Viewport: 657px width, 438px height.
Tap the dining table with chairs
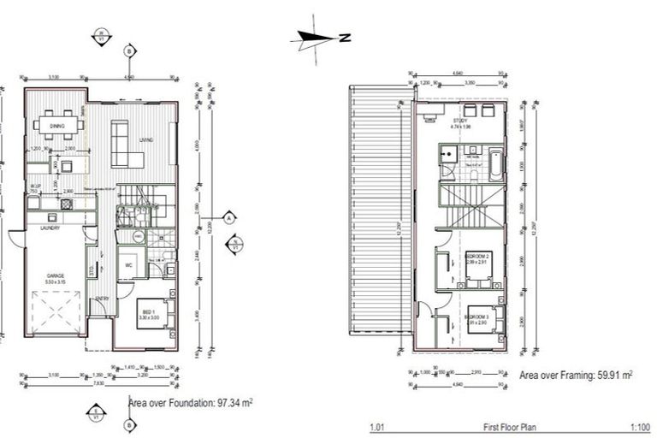coord(60,125)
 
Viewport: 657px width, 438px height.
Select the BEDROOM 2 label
coord(476,256)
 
